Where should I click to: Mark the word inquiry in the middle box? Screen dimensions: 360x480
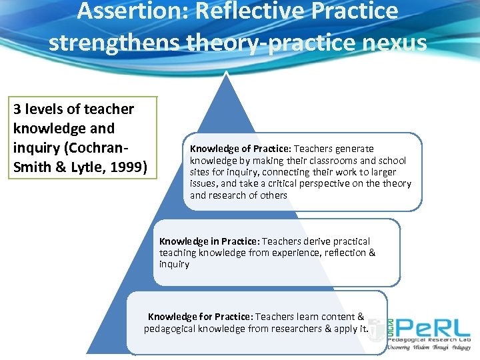pyautogui.click(x=175, y=264)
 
